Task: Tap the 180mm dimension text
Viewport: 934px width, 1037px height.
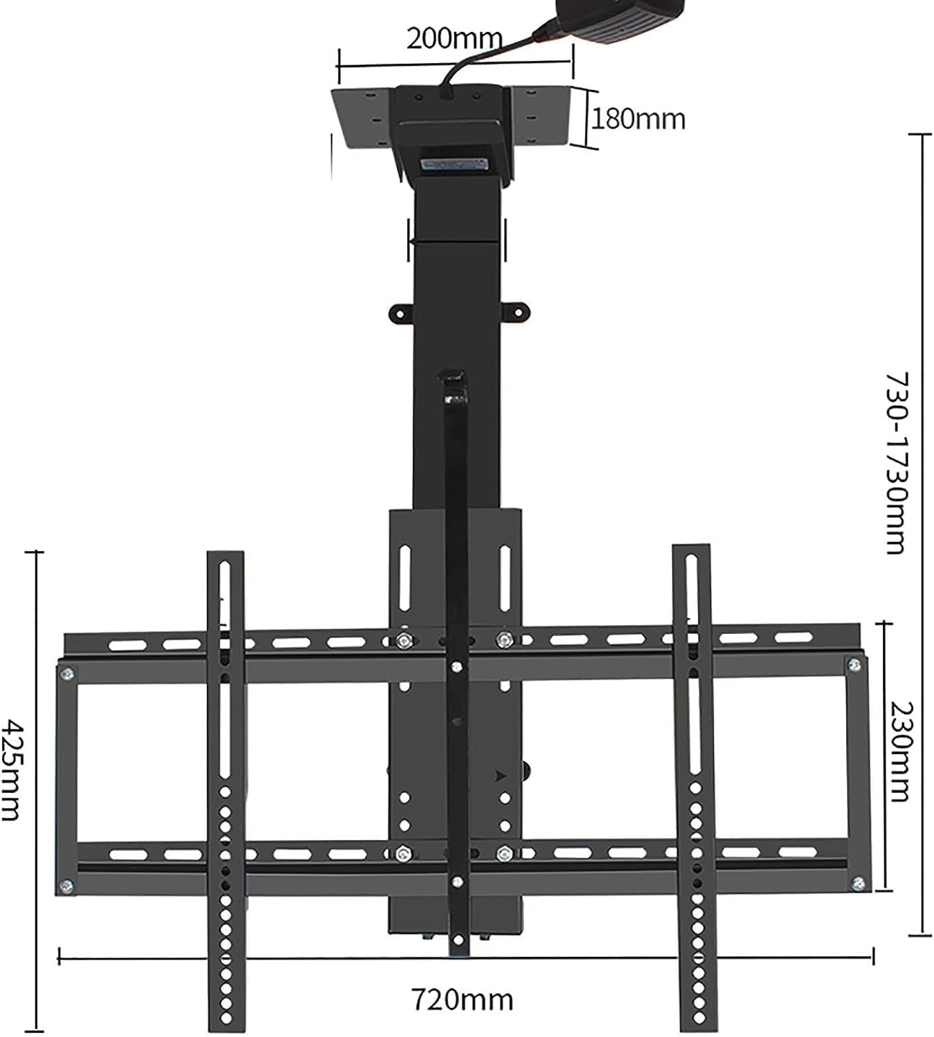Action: click(x=637, y=119)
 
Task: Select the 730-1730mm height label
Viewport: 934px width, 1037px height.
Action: click(x=897, y=463)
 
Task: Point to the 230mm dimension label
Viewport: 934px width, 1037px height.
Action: click(x=900, y=751)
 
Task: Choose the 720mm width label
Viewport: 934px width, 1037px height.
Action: click(x=463, y=1000)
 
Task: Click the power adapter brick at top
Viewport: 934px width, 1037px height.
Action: click(x=631, y=17)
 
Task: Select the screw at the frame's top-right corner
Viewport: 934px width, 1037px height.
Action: click(x=854, y=665)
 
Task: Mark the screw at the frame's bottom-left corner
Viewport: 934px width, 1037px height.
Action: click(x=67, y=884)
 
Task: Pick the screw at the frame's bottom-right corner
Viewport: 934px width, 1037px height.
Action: click(x=858, y=883)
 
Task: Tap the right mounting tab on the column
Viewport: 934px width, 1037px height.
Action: click(x=518, y=311)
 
